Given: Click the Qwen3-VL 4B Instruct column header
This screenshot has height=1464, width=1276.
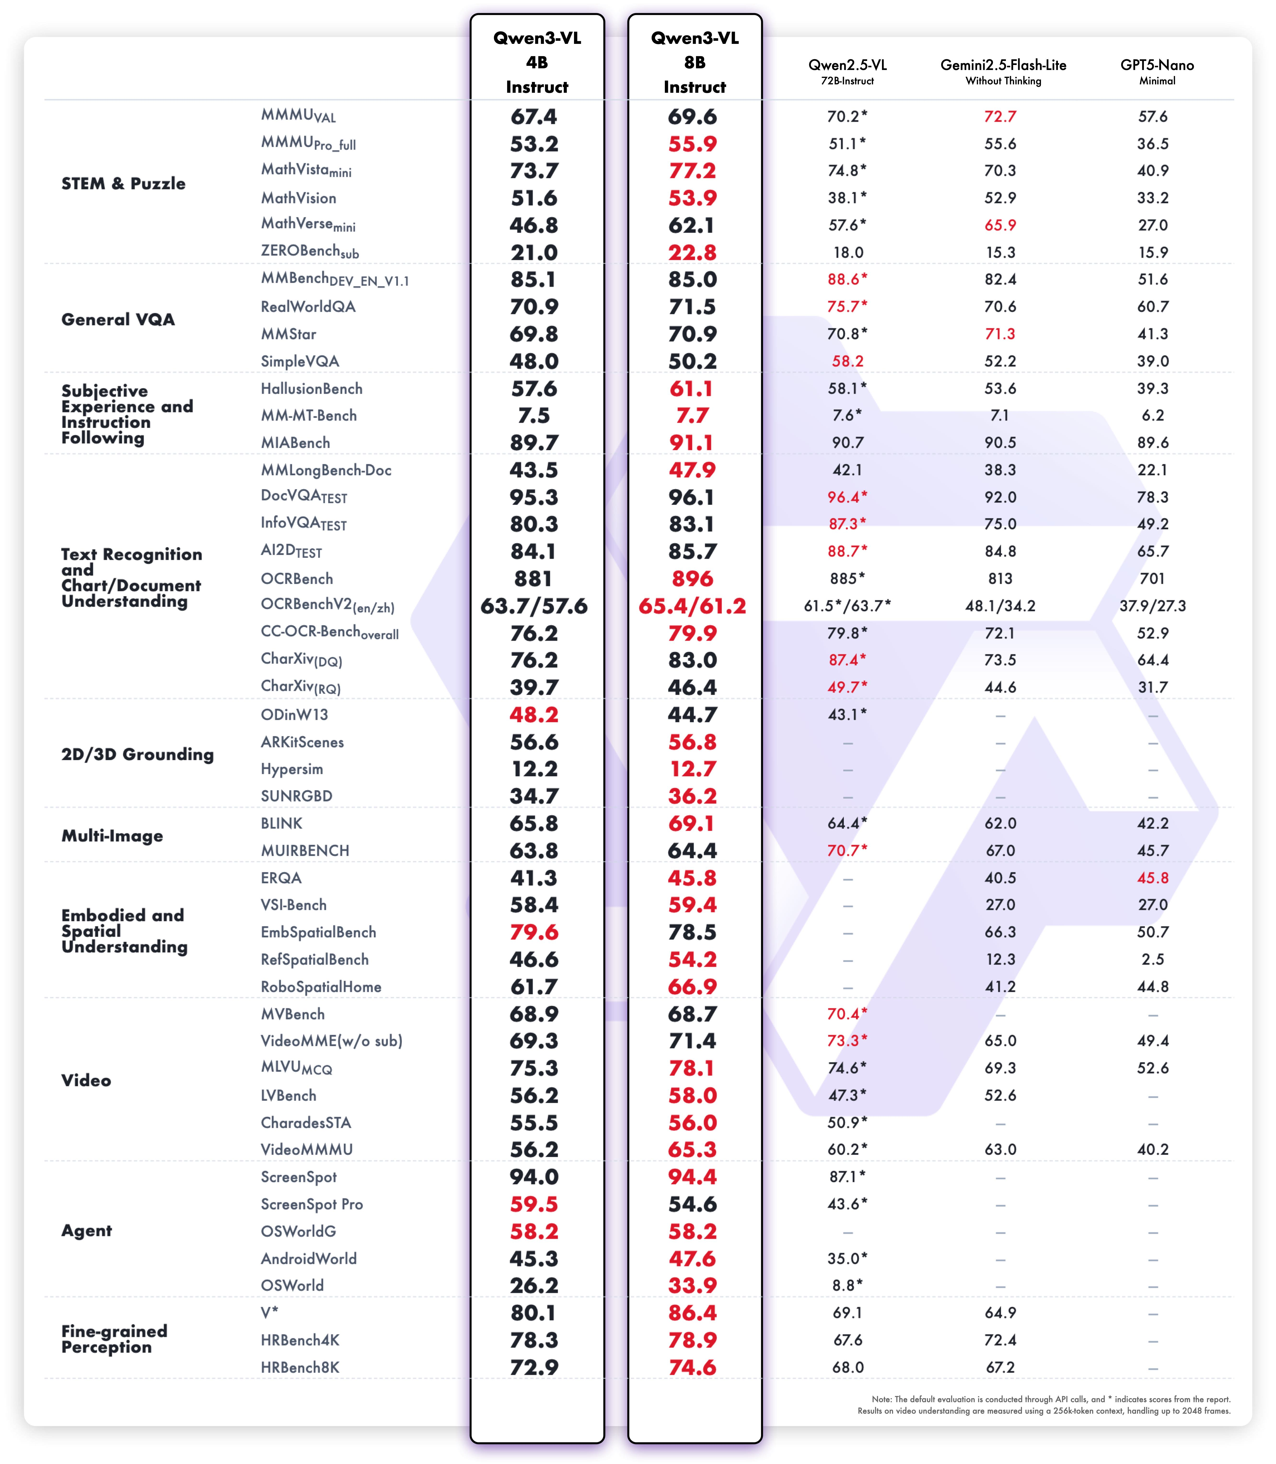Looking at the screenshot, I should tap(537, 63).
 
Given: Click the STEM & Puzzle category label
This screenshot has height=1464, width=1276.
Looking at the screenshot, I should tap(123, 184).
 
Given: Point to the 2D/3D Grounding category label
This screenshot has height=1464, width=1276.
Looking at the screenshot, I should tap(137, 754).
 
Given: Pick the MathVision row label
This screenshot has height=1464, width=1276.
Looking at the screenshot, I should tap(298, 198).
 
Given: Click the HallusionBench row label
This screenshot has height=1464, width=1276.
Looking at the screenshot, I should tap(311, 389).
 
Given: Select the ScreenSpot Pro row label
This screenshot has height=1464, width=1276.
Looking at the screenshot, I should tap(311, 1204).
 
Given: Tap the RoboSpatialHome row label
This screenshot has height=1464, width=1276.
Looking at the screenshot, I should tap(320, 987).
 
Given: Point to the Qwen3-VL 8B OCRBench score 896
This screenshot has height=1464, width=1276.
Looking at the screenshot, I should tap(692, 579).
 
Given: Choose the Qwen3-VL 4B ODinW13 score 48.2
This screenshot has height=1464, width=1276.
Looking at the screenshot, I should tap(534, 715).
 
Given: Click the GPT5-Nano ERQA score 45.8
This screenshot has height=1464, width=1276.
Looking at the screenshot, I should tap(1152, 878).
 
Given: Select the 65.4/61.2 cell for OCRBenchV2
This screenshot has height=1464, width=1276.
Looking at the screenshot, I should tap(692, 606).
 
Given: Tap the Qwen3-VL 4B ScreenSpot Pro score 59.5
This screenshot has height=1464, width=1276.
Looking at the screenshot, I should tap(534, 1204).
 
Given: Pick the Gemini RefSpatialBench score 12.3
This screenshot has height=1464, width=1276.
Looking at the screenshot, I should tap(1000, 960).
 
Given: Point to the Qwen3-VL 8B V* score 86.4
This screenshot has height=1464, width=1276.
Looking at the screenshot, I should tap(692, 1313).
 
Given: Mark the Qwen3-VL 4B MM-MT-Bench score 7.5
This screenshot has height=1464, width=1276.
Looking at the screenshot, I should tap(534, 416).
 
